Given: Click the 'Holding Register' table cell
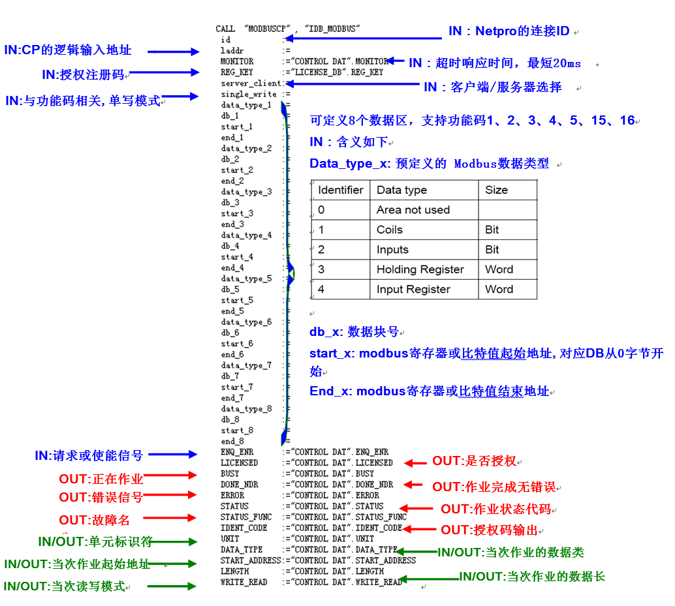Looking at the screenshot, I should tap(420, 269).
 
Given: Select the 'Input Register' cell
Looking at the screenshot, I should tap(413, 290).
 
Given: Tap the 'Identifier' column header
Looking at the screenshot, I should tap(340, 190).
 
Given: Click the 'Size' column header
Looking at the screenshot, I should tap(496, 190).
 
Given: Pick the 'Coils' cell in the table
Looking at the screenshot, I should tap(390, 230).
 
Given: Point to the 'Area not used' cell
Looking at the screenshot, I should tap(413, 210).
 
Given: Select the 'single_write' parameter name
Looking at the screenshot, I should tap(248, 95).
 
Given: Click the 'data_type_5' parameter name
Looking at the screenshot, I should tap(246, 279).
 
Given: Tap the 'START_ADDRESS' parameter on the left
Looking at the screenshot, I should tap(251, 560).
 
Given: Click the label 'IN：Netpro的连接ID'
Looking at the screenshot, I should tap(509, 31).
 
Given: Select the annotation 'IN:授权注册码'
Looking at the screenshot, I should tap(83, 74).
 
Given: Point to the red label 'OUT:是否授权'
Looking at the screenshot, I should tap(474, 461).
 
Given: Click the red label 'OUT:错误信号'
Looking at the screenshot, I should tap(101, 497).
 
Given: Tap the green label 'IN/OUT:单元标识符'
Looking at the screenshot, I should tap(95, 541).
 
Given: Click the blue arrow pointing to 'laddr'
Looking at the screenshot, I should tap(173, 51).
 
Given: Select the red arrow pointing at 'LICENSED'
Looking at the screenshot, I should tap(415, 462).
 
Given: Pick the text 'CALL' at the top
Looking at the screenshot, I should tap(225, 29).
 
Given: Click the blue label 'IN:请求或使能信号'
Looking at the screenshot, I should tap(89, 455).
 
